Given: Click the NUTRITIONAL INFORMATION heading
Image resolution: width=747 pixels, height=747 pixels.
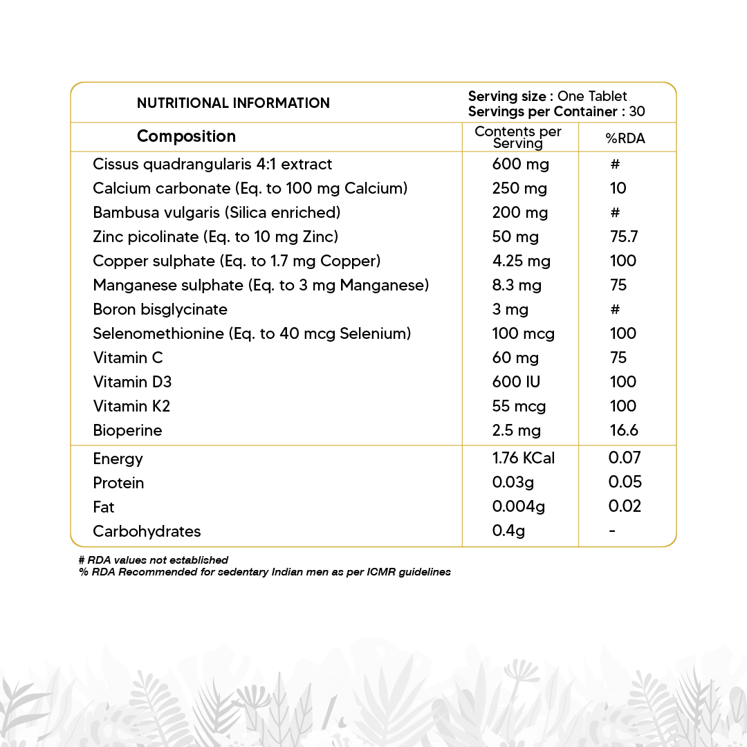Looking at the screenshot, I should (x=233, y=103).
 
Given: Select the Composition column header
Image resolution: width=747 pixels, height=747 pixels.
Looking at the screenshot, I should (x=186, y=136).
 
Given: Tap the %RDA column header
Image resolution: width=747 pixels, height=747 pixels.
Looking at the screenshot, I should (x=625, y=138).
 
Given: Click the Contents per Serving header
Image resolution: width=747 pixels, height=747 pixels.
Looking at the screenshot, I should (x=518, y=138).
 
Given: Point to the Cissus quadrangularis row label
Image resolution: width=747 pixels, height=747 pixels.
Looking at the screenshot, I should (x=212, y=164).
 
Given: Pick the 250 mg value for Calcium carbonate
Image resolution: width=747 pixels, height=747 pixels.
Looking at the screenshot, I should (x=519, y=188).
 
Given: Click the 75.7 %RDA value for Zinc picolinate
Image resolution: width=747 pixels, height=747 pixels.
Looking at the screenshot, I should (x=623, y=237).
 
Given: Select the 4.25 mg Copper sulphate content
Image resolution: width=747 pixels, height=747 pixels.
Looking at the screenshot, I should (x=522, y=261).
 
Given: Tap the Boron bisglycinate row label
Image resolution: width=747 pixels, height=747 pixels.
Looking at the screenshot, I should (x=160, y=309).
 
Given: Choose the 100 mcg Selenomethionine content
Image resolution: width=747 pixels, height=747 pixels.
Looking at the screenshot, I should (x=524, y=333).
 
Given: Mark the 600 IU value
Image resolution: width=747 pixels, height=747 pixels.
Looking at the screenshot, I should (x=517, y=382).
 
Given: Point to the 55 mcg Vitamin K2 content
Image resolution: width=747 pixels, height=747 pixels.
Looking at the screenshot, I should (x=519, y=406).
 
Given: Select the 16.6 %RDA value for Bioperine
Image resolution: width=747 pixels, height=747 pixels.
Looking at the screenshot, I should (x=623, y=430).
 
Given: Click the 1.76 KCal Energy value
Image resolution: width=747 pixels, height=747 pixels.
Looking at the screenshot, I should (x=524, y=458).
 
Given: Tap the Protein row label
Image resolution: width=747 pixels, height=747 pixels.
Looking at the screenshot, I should (x=118, y=483).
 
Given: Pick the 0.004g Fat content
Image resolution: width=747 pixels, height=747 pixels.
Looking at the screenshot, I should (x=519, y=506).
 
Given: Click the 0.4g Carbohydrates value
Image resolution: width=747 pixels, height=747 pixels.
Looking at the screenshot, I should (x=508, y=531).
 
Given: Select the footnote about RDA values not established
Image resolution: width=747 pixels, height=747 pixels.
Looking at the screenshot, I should (x=154, y=560).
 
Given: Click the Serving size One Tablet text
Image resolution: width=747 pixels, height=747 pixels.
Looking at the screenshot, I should (x=548, y=96).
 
